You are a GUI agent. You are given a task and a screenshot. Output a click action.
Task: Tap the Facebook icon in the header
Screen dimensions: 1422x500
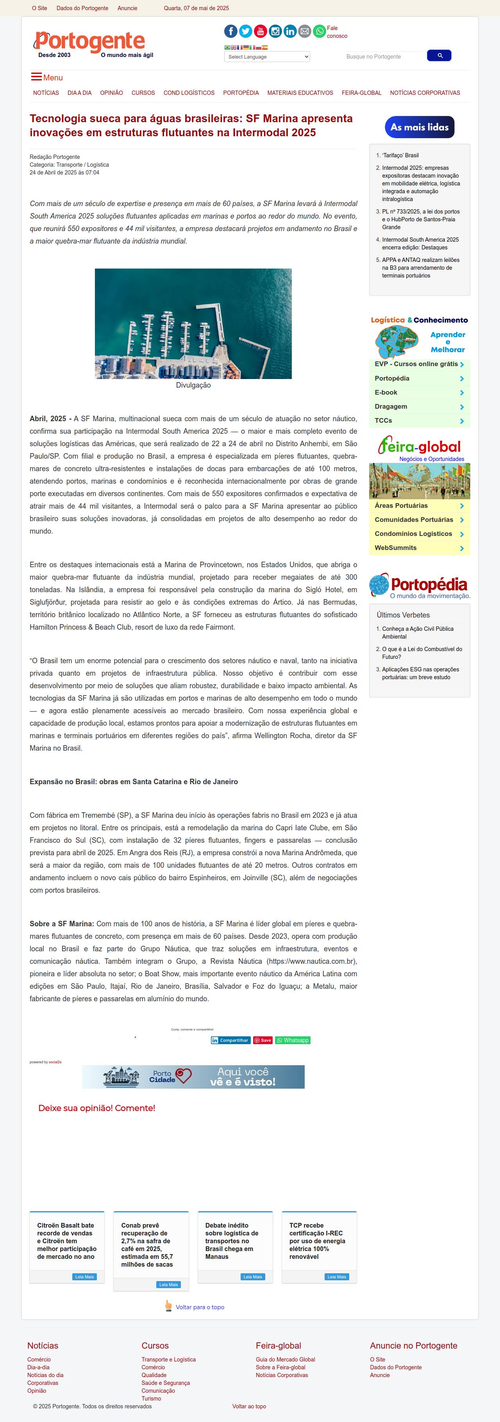tap(231, 32)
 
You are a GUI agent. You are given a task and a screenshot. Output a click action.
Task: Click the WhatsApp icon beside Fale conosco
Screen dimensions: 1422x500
tap(320, 32)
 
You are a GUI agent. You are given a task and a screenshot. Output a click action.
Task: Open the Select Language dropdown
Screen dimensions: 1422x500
tap(267, 57)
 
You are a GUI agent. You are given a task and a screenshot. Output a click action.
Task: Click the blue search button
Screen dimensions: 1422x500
tap(439, 56)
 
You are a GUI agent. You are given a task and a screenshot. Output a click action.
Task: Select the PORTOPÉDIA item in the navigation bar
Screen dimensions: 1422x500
tap(241, 93)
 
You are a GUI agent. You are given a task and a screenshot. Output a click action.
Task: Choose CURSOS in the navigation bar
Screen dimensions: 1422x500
tap(143, 93)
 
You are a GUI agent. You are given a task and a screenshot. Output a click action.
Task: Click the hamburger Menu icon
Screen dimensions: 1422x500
tap(36, 77)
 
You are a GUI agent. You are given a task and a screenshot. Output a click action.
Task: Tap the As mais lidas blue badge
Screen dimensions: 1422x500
tap(420, 127)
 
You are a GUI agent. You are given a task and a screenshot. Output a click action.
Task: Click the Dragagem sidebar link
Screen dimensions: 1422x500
tap(391, 407)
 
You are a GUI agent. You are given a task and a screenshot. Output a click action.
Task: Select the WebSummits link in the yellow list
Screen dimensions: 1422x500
tap(396, 548)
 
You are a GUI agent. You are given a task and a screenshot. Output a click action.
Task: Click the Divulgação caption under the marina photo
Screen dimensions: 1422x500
tap(193, 385)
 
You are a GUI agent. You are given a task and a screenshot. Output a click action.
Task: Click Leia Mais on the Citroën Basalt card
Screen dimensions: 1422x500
tap(84, 1277)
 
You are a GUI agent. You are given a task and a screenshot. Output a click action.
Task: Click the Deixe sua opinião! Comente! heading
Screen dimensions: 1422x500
tap(97, 1108)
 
